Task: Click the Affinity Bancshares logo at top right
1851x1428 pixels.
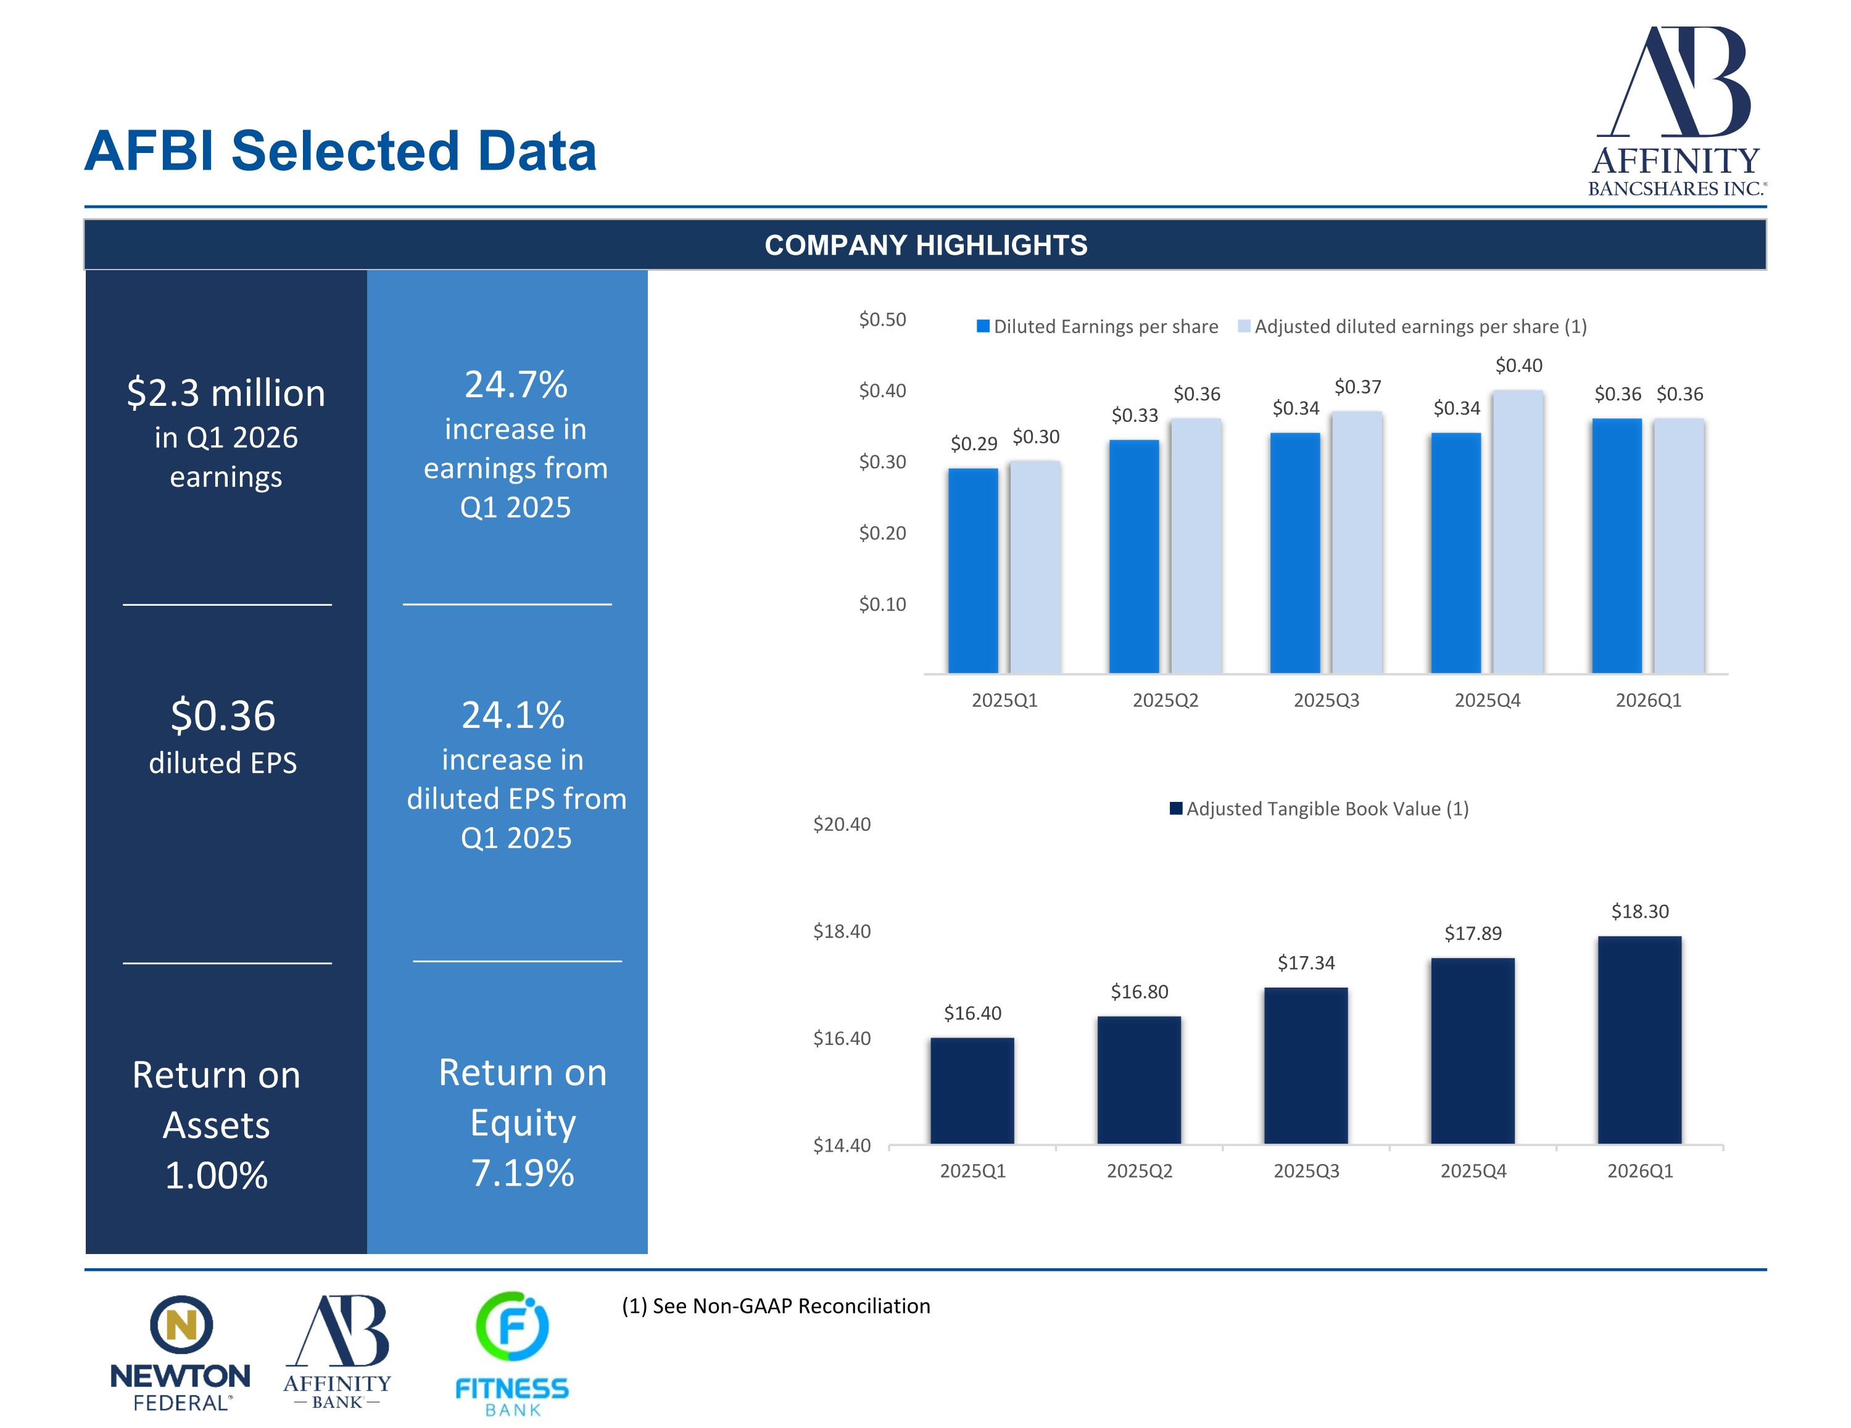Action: pyautogui.click(x=1676, y=110)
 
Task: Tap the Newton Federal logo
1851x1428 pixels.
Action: pyautogui.click(x=181, y=1353)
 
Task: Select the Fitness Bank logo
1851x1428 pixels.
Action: pyautogui.click(x=512, y=1353)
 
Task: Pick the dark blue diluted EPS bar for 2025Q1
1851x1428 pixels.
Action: pyautogui.click(x=973, y=571)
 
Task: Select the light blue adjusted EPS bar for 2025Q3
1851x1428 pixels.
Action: pyautogui.click(x=1357, y=542)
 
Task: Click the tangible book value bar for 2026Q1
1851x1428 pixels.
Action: pyautogui.click(x=1639, y=1040)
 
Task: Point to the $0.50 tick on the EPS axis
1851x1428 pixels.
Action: pyautogui.click(x=882, y=320)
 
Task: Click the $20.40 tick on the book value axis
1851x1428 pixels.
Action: pyautogui.click(x=842, y=823)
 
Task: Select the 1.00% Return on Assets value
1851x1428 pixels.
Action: pyautogui.click(x=216, y=1176)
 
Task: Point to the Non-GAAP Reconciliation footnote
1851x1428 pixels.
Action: pyautogui.click(x=776, y=1306)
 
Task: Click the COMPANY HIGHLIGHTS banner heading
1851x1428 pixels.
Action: pyautogui.click(x=925, y=245)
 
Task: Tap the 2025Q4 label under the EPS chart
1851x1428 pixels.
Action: pyautogui.click(x=1488, y=700)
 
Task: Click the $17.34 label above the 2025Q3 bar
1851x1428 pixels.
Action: pyautogui.click(x=1306, y=963)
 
